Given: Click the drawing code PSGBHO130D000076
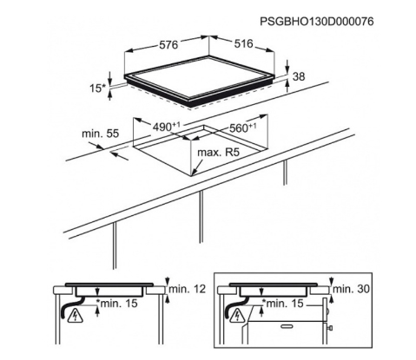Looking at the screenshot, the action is [317, 22].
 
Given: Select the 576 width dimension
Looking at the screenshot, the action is [168, 45].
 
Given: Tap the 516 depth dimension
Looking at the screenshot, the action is [243, 43].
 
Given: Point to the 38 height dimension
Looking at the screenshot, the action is [299, 76].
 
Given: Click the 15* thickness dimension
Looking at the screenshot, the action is [97, 88].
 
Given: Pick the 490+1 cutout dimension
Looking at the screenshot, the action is [166, 127].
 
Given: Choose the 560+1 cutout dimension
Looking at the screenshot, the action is [242, 128].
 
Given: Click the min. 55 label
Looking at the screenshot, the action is [101, 134].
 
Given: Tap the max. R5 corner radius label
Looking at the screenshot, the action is [219, 153].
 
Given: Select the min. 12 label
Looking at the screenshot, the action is [187, 289].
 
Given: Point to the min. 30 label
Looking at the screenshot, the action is [351, 289].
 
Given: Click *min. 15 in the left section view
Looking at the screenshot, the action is [117, 304].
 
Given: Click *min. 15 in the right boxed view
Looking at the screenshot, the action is [282, 304].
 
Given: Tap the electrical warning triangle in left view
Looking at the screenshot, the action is [75, 317].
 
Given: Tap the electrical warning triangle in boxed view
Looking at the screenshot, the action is [238, 316].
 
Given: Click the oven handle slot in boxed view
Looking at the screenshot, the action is [287, 326].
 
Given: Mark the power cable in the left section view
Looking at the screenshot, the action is [69, 307].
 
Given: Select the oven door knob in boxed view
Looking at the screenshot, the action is [329, 328].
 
